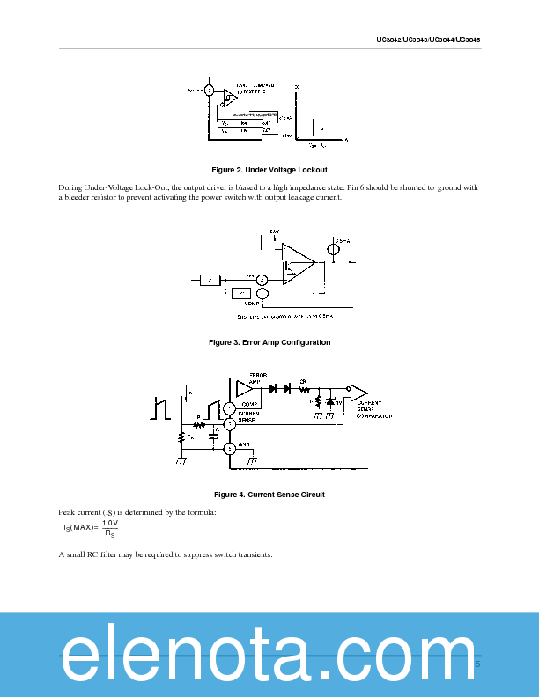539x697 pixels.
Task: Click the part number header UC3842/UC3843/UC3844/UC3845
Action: (x=428, y=40)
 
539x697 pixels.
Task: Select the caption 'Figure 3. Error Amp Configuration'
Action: (x=269, y=342)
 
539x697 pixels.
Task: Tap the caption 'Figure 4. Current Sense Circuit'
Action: (x=269, y=495)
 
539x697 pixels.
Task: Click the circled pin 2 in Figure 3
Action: (x=262, y=280)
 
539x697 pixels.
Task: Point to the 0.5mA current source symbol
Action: (x=334, y=249)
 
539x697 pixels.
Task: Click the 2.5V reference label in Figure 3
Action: (x=275, y=231)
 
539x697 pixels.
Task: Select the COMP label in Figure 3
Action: (x=250, y=303)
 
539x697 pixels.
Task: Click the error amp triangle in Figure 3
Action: (x=299, y=260)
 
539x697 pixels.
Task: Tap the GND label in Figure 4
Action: (x=244, y=445)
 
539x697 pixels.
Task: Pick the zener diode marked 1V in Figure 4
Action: (x=329, y=402)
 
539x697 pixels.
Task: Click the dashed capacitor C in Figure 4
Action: (x=216, y=431)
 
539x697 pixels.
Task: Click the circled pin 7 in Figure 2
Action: (x=209, y=91)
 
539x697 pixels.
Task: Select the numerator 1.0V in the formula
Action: (x=111, y=523)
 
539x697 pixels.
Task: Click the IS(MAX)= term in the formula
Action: (x=80, y=527)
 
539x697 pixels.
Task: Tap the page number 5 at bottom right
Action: (x=478, y=664)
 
